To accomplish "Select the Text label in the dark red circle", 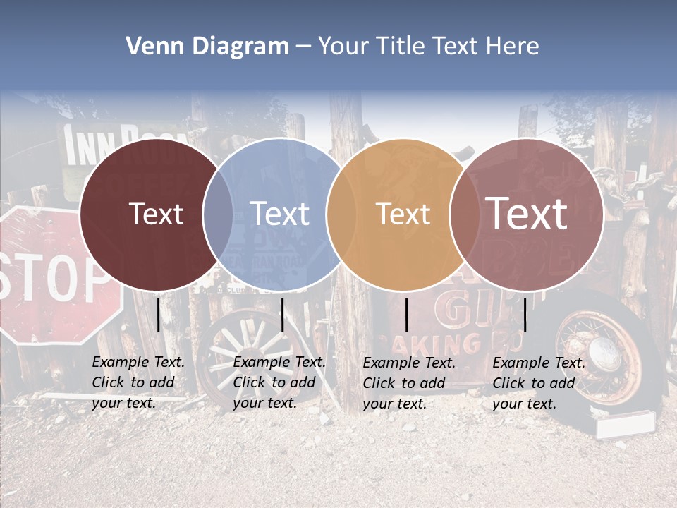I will (x=157, y=214).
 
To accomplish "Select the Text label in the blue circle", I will (x=279, y=214).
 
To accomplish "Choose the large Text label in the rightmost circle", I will (x=527, y=213).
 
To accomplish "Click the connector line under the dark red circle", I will (x=159, y=315).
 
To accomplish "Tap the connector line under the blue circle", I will (x=283, y=315).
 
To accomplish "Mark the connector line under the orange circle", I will (x=407, y=315).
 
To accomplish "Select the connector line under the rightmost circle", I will (x=525, y=315).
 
